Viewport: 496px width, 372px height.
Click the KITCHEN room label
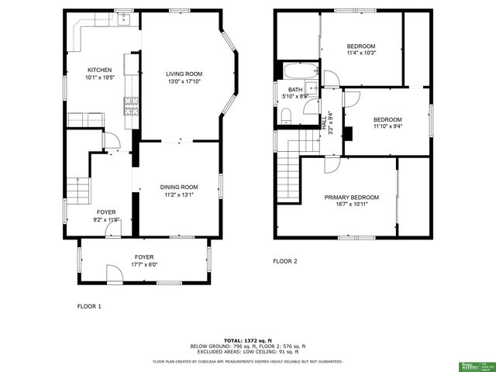99,69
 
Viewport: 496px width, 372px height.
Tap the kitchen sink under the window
122,20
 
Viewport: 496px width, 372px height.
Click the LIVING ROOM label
184,74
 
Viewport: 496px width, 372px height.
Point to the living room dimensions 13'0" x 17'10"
184,81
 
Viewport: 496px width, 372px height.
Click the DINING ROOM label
179,187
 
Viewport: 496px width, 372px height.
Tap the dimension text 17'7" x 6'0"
144,264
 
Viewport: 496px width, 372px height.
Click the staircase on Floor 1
76,188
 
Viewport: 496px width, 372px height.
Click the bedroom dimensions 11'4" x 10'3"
360,53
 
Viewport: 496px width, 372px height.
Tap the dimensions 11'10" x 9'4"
387,127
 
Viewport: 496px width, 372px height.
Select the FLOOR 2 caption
284,261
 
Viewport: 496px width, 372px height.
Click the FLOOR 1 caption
89,306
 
